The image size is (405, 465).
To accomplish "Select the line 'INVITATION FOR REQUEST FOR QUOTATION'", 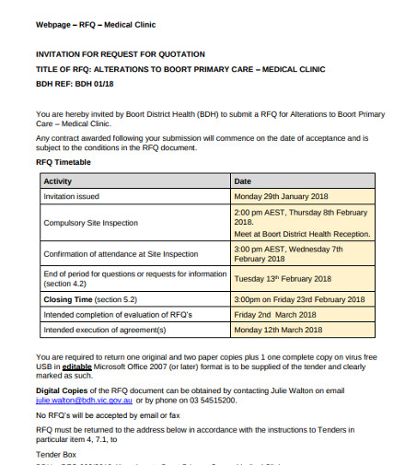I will coord(120,54).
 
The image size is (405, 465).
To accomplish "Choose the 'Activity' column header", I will coord(59,181).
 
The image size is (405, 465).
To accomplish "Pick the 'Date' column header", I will coord(243,181).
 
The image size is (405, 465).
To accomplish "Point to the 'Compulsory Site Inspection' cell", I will coord(91,223).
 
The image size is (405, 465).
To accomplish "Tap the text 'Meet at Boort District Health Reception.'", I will coord(302,233).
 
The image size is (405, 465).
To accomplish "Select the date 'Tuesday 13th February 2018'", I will coord(283,278).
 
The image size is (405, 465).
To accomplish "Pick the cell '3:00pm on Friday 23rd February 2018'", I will coord(299,299).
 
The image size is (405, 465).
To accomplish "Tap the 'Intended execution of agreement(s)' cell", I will coord(105,329).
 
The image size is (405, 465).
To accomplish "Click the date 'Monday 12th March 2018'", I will coord(278,329).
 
